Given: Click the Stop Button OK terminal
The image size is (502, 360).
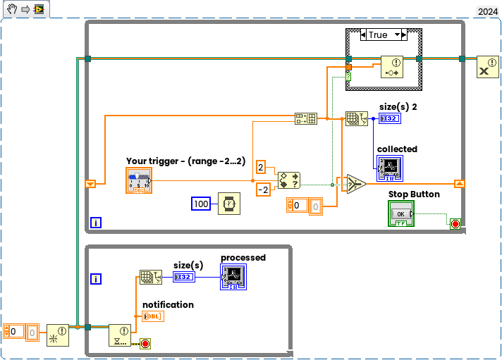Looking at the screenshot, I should click(x=401, y=213).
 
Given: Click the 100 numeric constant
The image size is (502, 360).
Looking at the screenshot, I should click(x=202, y=204).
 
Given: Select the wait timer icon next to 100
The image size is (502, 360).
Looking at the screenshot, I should click(x=229, y=204).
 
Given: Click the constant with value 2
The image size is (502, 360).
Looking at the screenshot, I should click(x=261, y=167).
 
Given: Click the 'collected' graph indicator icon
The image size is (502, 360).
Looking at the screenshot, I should click(x=389, y=168).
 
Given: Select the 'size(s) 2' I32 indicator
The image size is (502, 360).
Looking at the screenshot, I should click(x=389, y=118).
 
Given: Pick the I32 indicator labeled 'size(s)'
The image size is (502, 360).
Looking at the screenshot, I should click(x=185, y=277).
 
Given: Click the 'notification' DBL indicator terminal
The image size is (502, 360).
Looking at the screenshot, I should click(x=153, y=316).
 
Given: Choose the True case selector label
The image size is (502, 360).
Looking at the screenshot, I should click(x=379, y=35).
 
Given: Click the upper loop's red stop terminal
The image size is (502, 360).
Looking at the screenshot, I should click(x=455, y=224).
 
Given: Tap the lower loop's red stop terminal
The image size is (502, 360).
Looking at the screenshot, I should click(x=145, y=344).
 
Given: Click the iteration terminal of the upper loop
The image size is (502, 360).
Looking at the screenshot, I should click(x=96, y=223).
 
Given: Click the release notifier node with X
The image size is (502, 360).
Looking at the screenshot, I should click(x=487, y=67).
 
